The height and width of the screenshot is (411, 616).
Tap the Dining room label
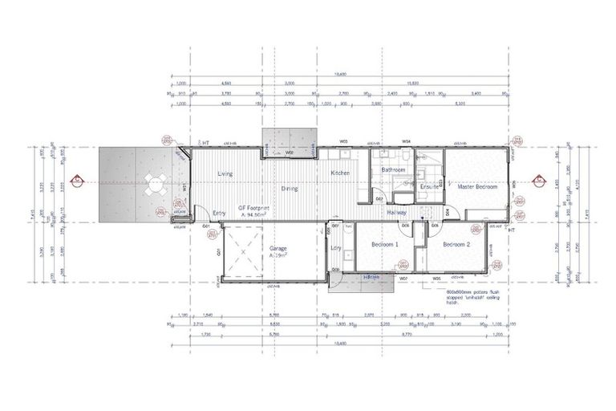pos(290,189)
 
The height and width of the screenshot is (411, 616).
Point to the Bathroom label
pos(392,170)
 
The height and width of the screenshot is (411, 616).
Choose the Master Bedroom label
pos(477,186)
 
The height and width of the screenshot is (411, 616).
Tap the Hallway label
pos(396,212)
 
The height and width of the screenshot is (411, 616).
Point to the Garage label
pos(278,249)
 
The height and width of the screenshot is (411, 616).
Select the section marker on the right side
pos(538,180)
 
